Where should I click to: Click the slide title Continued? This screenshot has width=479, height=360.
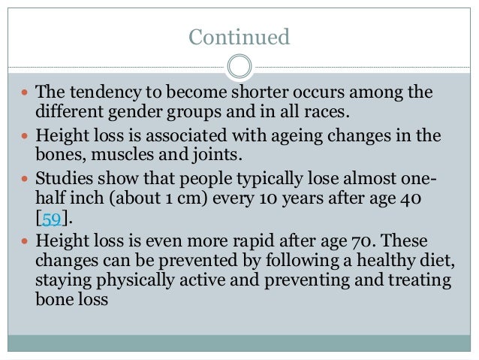click(x=239, y=36)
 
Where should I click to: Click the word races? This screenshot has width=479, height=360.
click(x=330, y=113)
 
